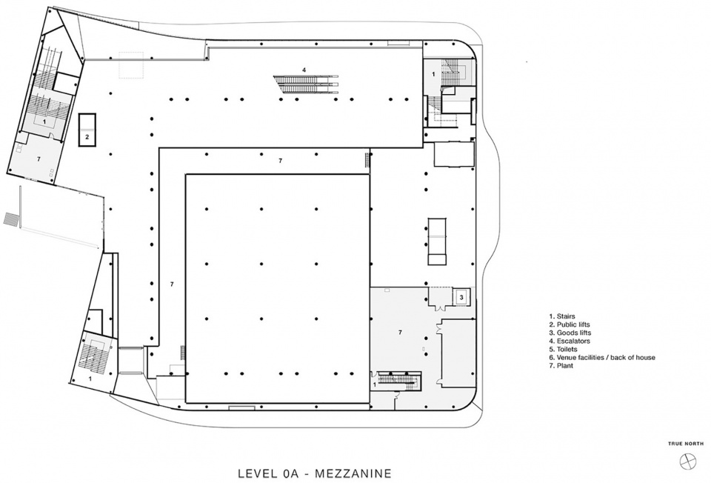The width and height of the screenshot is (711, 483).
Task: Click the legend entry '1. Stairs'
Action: click(x=562, y=316)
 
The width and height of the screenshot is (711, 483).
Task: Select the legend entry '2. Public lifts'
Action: click(x=569, y=324)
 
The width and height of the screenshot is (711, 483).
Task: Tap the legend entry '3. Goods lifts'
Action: click(x=570, y=333)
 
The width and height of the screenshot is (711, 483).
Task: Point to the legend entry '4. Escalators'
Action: click(x=569, y=341)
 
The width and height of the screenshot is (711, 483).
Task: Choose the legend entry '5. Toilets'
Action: click(x=563, y=349)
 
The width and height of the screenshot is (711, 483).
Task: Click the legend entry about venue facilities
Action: click(x=601, y=357)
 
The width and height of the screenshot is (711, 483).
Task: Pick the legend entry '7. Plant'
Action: click(x=561, y=365)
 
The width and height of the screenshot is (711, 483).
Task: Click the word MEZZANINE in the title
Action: click(x=353, y=473)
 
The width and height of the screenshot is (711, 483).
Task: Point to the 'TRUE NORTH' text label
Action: click(x=686, y=444)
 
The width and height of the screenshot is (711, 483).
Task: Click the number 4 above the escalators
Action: click(x=304, y=70)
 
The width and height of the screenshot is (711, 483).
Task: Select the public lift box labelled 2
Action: click(x=87, y=130)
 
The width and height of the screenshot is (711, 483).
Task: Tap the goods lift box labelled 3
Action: click(x=461, y=298)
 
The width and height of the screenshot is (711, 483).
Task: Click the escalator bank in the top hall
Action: click(x=306, y=84)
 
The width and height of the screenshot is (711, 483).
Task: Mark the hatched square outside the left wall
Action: click(x=11, y=218)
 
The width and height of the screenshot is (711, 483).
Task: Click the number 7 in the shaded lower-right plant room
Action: click(x=400, y=333)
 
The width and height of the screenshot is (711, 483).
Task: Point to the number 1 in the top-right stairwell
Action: click(x=433, y=73)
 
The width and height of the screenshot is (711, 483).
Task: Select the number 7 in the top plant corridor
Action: click(x=280, y=161)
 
